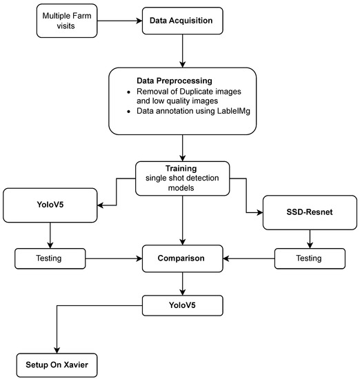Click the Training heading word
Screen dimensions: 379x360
[x=182, y=167]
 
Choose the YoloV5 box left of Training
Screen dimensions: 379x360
[x=49, y=206]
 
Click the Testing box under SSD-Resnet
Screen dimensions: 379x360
[x=309, y=258]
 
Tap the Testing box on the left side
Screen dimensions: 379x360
[x=49, y=258]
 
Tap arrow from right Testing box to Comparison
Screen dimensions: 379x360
[x=248, y=258]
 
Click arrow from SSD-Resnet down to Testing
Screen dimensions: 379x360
[x=309, y=238]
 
